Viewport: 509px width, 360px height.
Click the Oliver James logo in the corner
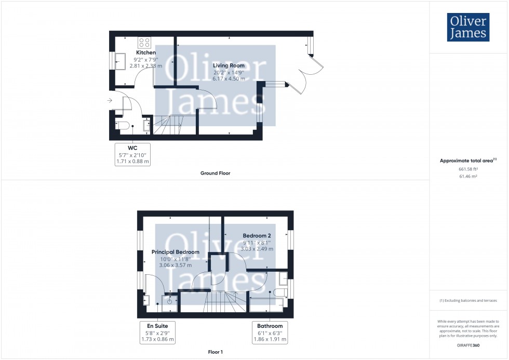click(468, 27)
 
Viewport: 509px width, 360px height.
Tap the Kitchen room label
click(146, 53)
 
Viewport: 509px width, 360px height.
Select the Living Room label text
click(229, 65)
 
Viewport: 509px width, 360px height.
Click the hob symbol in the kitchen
click(144, 43)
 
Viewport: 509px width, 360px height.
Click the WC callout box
click(132, 154)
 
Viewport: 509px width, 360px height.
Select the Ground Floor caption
click(215, 174)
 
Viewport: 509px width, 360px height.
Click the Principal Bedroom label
click(175, 252)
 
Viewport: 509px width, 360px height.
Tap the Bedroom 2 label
click(257, 236)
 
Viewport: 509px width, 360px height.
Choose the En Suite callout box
click(157, 332)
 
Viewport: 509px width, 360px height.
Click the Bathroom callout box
click(270, 332)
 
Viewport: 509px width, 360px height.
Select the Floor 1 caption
click(215, 352)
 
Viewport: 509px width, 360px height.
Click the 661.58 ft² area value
click(468, 169)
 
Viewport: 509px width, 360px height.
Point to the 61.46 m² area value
click(468, 177)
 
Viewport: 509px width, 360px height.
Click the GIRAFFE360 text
click(468, 344)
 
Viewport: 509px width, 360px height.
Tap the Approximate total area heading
click(468, 161)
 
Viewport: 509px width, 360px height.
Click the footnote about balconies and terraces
click(468, 301)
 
